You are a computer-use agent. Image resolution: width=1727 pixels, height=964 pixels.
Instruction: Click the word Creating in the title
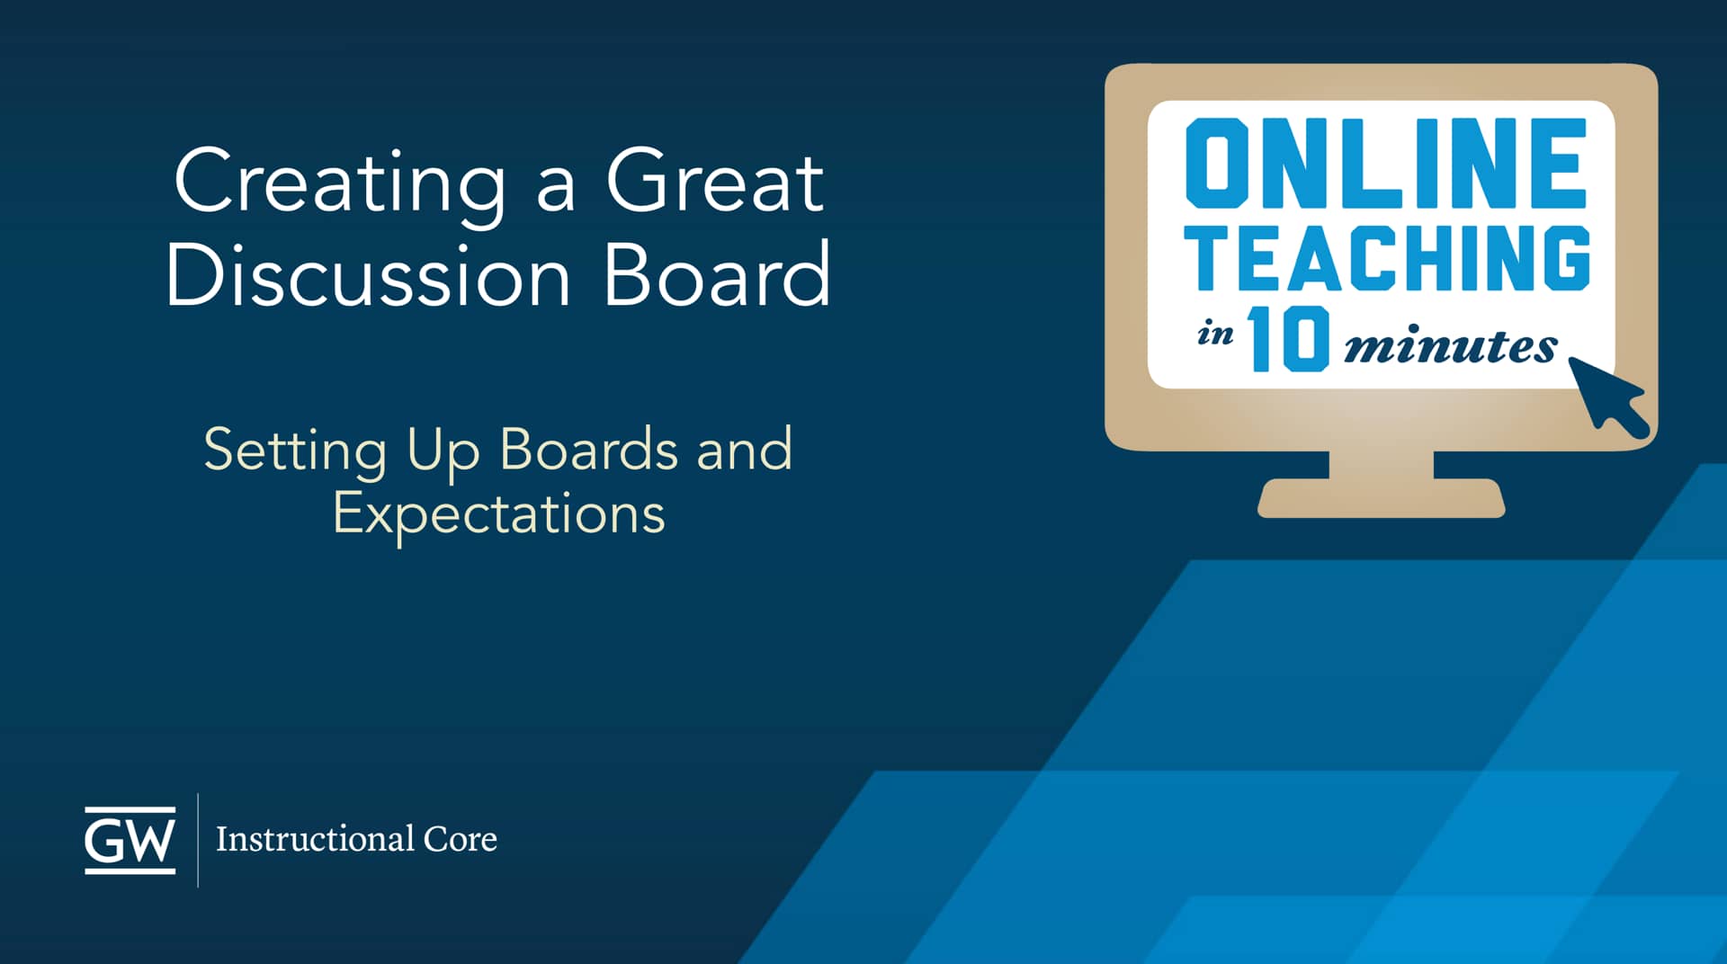coord(340,183)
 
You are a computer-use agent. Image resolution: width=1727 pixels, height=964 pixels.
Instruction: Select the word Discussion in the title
coord(369,274)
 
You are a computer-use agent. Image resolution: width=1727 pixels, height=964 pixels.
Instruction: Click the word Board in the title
coord(717,274)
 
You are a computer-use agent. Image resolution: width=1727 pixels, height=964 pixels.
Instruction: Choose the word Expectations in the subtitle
coord(499,514)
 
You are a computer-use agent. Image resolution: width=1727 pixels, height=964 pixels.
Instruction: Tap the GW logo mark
coord(130,840)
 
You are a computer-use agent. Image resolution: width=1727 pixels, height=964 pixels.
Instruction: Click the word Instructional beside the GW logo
coord(314,839)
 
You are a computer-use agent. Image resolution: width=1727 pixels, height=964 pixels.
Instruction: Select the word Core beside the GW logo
coord(461,839)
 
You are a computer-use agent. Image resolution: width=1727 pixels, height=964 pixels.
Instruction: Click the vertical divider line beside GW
coord(198,840)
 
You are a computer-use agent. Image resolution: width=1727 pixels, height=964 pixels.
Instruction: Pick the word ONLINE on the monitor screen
coord(1386,163)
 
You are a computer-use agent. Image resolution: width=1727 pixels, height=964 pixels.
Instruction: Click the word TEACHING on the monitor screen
coord(1387,258)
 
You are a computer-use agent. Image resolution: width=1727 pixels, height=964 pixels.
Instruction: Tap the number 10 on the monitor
coord(1288,339)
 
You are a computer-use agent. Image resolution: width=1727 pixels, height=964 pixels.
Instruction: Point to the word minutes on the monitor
coord(1450,346)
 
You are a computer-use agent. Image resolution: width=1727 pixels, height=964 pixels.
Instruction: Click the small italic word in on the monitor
coord(1215,335)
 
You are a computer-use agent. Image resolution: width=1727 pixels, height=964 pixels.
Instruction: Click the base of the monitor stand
coord(1381,498)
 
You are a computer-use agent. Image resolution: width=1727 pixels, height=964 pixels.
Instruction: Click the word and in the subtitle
coord(745,449)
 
